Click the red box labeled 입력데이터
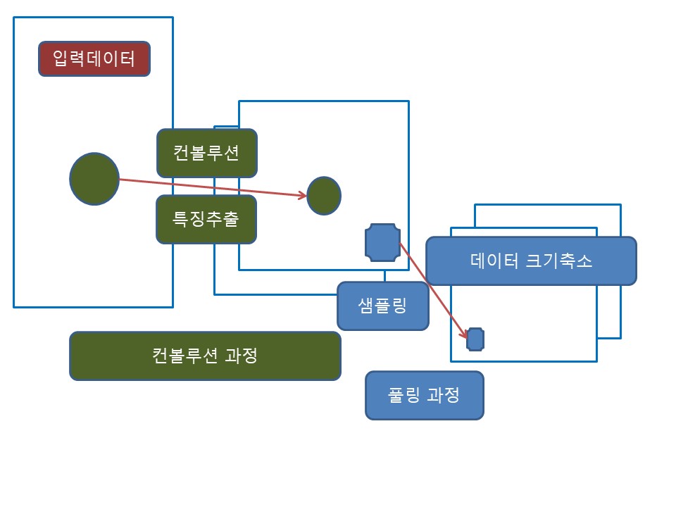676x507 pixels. (x=94, y=59)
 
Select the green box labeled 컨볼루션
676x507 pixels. (x=207, y=153)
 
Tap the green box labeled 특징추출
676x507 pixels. (x=206, y=219)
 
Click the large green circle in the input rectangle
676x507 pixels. (x=94, y=178)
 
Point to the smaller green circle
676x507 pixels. (x=324, y=196)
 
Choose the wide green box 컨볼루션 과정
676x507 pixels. (x=205, y=356)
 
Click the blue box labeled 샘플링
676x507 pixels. (x=383, y=306)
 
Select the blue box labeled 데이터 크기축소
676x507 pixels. (x=531, y=261)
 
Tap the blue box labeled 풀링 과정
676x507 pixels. (x=425, y=395)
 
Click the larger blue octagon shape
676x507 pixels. (x=383, y=242)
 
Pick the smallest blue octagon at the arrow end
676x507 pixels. (x=475, y=339)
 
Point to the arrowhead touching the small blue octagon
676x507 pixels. (x=464, y=334)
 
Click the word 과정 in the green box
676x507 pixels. (x=242, y=356)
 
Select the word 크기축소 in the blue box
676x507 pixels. (x=559, y=261)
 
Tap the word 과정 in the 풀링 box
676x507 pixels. (x=443, y=395)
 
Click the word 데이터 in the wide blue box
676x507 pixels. (x=494, y=261)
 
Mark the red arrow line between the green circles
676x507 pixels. (x=213, y=187)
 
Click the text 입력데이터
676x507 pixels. (x=94, y=58)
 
